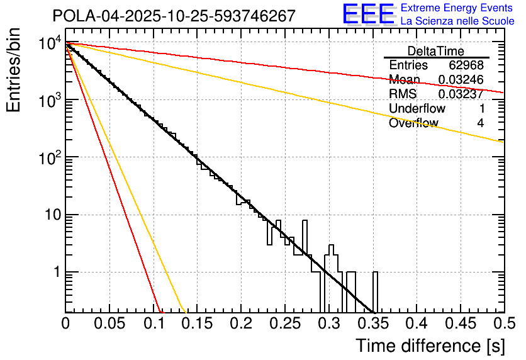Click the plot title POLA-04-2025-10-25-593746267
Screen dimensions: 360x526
tap(174, 16)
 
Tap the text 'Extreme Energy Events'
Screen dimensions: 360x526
tap(457, 8)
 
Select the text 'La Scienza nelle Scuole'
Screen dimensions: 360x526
tap(457, 21)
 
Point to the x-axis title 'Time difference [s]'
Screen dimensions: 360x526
tap(430, 346)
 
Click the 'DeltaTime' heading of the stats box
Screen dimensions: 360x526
tap(435, 51)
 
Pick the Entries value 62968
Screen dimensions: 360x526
tap(466, 65)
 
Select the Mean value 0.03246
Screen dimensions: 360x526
tap(461, 80)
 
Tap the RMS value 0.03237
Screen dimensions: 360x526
tap(461, 94)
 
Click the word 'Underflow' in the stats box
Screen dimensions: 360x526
tap(417, 109)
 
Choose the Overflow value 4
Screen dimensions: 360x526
tap(480, 123)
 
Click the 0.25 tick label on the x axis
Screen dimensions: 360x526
tap(284, 323)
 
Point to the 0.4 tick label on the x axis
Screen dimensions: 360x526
tap(416, 323)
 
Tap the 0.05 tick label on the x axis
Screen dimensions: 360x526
tap(109, 323)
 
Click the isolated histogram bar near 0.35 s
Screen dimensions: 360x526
tap(376, 291)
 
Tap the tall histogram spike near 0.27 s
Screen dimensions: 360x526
tap(305, 236)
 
